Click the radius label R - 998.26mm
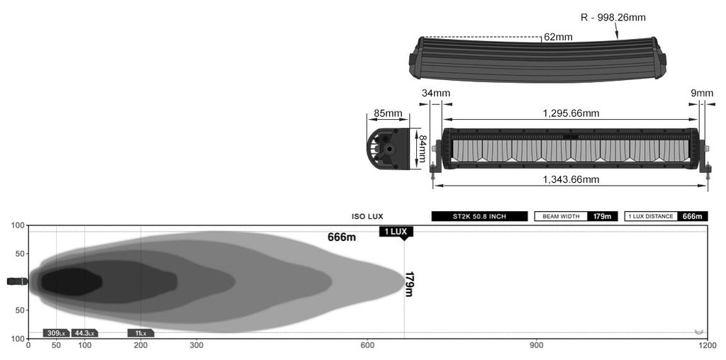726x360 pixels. tap(613, 18)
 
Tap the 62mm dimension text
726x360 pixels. tap(558, 37)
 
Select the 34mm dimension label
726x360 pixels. tap(436, 94)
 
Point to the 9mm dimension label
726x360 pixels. tap(703, 94)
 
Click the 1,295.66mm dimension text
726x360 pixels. tap(571, 113)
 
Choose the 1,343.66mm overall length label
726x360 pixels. tap(571, 179)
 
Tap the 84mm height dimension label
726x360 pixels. tap(422, 149)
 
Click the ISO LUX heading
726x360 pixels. tap(368, 217)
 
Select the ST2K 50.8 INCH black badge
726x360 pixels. tap(479, 216)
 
